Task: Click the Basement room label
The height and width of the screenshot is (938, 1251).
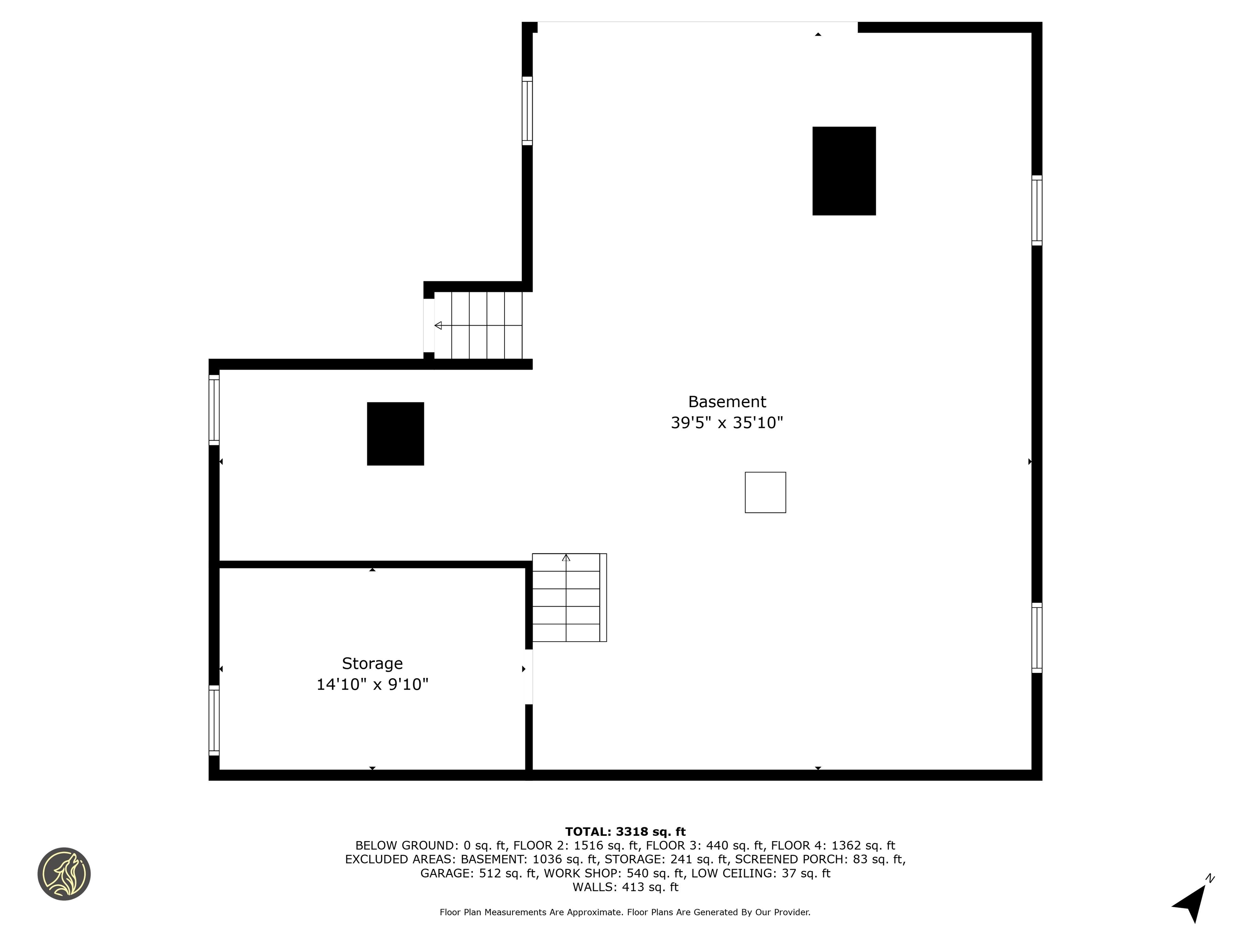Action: click(727, 401)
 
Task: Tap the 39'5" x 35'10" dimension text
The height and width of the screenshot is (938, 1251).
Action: click(727, 423)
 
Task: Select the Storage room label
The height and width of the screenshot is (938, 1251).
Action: click(372, 664)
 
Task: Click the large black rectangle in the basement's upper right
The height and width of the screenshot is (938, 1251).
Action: click(844, 171)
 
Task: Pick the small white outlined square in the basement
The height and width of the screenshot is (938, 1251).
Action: click(765, 493)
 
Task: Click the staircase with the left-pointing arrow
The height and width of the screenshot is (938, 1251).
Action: click(478, 325)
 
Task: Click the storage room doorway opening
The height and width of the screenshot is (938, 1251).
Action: click(529, 677)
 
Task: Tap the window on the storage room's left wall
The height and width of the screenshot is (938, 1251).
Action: click(214, 720)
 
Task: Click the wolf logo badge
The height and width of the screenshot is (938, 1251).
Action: click(64, 874)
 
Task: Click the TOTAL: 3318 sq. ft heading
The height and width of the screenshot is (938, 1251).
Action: click(625, 832)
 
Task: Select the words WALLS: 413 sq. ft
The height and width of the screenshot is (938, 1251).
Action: click(625, 887)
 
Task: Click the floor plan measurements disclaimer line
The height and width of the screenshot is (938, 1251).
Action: click(625, 912)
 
